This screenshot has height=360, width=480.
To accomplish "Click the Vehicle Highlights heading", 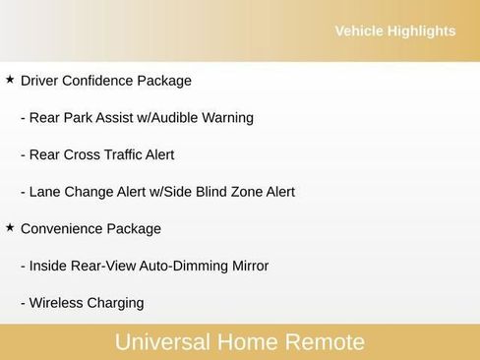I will tap(394, 31).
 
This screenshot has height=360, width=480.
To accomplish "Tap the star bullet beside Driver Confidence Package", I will tap(10, 79).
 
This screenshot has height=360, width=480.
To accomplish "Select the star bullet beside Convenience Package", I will tap(10, 227).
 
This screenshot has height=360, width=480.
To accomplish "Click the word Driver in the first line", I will tap(40, 81).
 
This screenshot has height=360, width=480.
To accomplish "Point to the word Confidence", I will tap(98, 81).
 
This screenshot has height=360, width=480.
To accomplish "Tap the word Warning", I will tap(227, 118).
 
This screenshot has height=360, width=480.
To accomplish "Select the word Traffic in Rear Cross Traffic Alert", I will tap(125, 154).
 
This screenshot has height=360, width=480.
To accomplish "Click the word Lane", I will tap(45, 192).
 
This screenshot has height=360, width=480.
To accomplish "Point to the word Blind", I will tap(210, 192).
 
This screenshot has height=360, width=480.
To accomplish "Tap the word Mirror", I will tap(247, 266).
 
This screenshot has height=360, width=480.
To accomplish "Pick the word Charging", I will tap(115, 303).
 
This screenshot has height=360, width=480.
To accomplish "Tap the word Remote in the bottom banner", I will tap(325, 342).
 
